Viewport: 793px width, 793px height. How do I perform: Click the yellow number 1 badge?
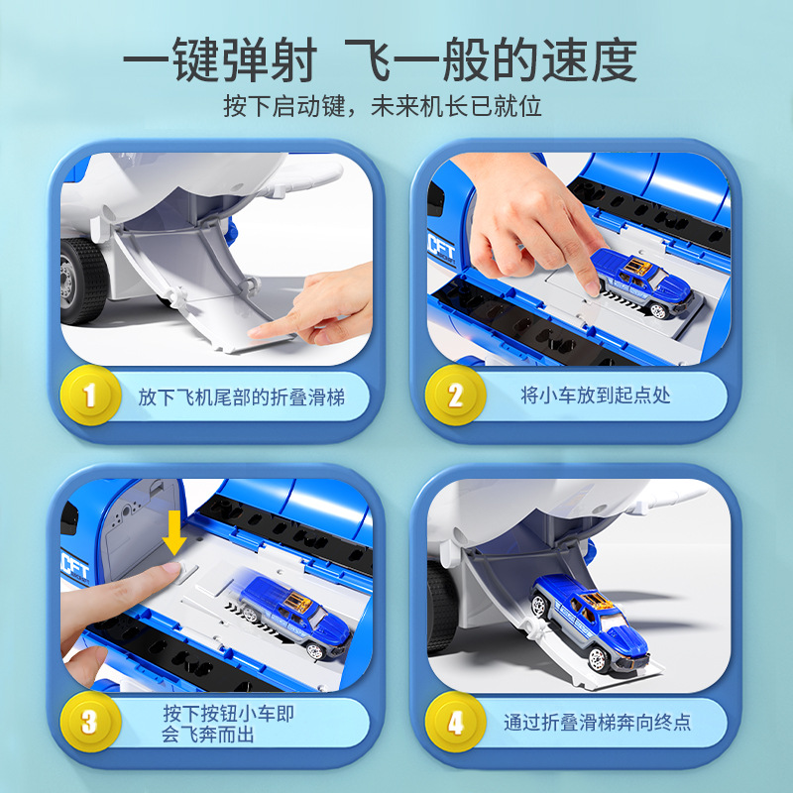tap(90, 396)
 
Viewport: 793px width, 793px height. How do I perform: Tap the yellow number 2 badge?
tap(455, 396)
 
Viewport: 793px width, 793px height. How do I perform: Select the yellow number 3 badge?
tap(90, 722)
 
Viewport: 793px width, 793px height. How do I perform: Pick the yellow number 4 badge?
tap(455, 722)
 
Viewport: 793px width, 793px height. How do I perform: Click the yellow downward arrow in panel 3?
tap(174, 532)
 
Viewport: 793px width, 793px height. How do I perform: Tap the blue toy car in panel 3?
tap(295, 616)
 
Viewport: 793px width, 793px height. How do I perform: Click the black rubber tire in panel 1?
tap(83, 281)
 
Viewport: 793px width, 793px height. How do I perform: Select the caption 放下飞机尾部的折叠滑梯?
tap(242, 397)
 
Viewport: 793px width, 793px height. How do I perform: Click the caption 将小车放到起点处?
tap(596, 395)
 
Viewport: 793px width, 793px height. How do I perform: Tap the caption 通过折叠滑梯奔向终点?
tap(597, 722)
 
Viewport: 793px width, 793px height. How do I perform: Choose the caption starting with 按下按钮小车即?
tap(228, 724)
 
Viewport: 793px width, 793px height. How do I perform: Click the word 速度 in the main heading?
tap(590, 59)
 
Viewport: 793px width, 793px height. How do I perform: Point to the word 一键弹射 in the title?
tap(220, 59)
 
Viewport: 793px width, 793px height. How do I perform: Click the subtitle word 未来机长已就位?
tap(456, 106)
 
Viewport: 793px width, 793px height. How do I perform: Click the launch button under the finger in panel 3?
tap(186, 573)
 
